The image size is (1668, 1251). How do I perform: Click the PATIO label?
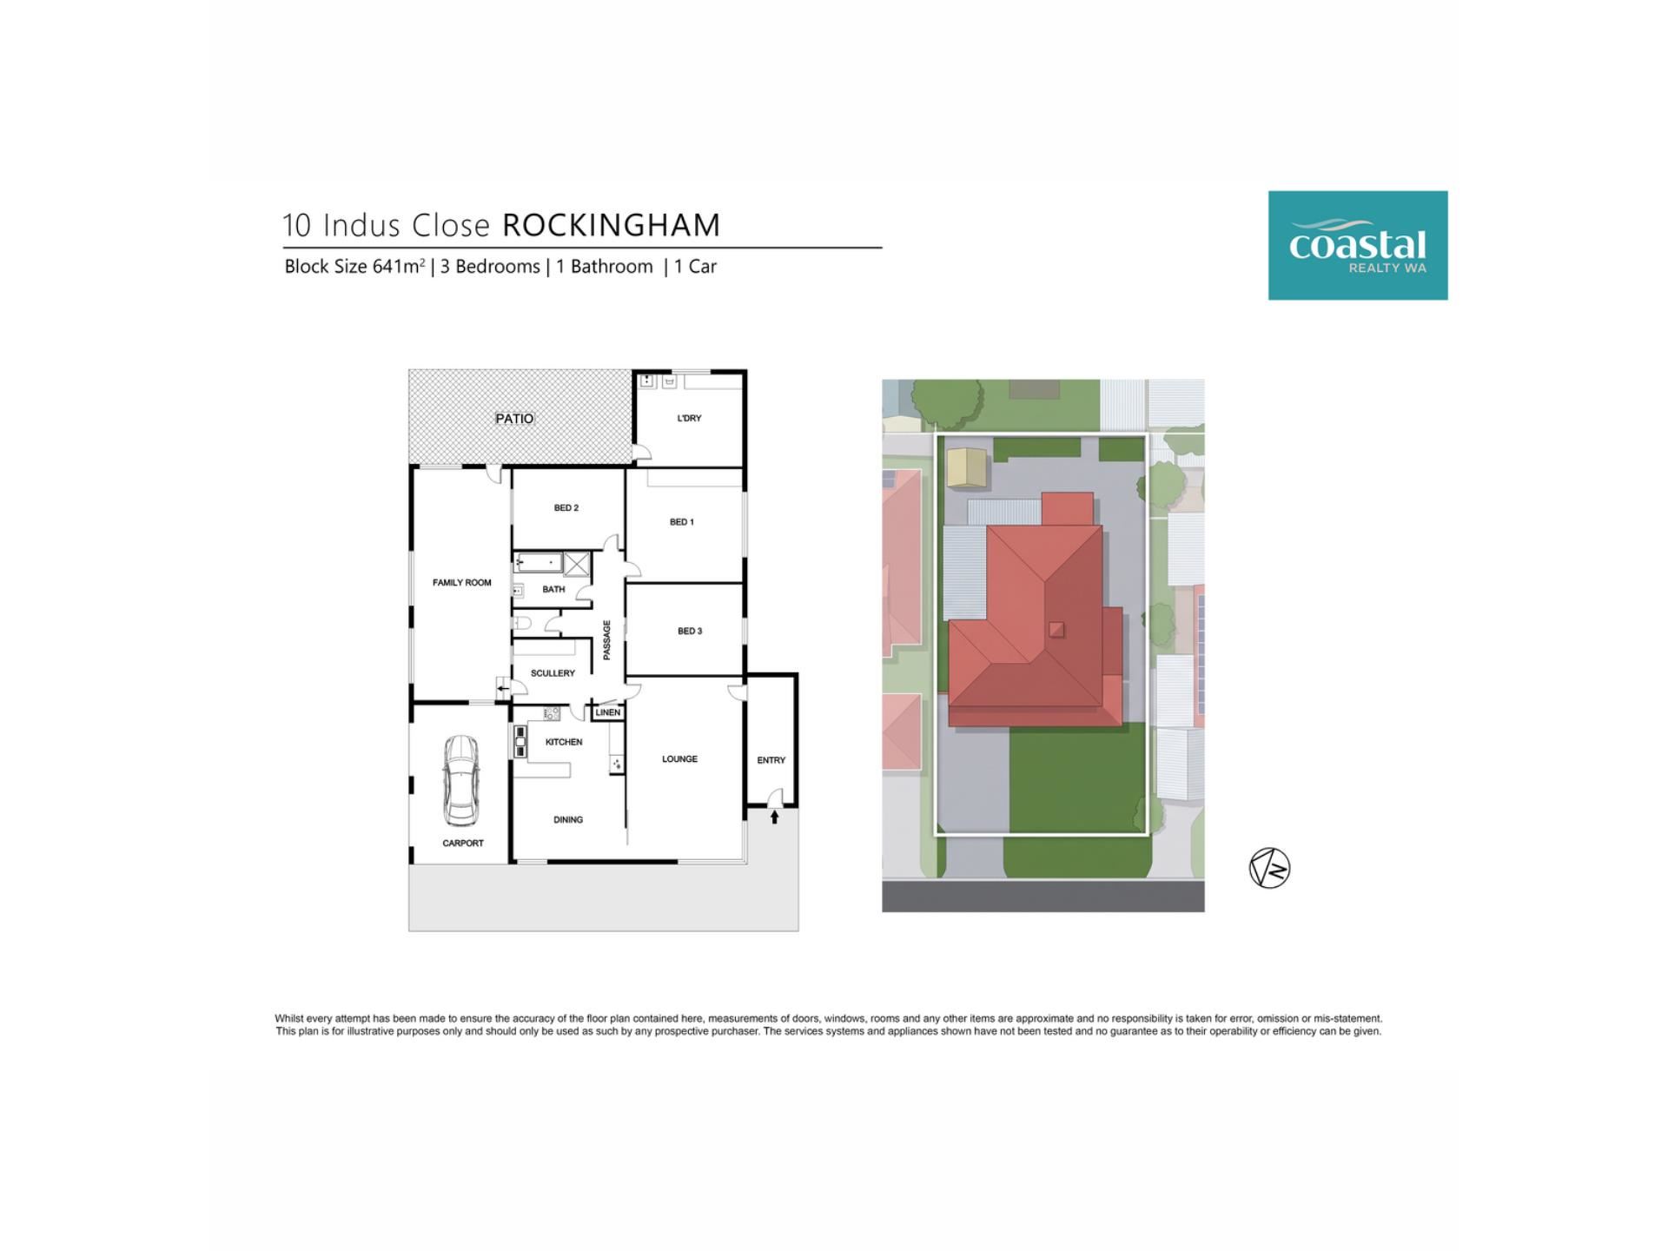tap(514, 419)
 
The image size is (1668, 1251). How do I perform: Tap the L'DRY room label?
tap(689, 418)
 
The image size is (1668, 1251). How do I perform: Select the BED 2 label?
tap(566, 508)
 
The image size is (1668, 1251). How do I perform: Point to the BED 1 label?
tap(682, 522)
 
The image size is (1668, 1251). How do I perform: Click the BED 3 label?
tap(690, 631)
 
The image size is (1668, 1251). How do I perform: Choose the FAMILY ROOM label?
tap(462, 583)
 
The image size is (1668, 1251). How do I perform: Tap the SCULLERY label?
tap(553, 673)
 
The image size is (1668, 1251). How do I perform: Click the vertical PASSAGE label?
tap(606, 639)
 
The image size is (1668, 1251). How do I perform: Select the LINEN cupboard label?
tap(608, 712)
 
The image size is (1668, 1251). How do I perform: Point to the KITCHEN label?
tap(564, 742)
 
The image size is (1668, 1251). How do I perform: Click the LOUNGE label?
tap(679, 759)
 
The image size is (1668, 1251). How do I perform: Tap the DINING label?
tap(568, 819)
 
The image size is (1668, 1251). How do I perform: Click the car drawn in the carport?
tap(460, 780)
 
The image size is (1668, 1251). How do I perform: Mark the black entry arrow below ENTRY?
tap(774, 817)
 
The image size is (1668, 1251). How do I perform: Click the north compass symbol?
tap(1269, 868)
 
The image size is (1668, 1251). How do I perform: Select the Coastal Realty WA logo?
tap(1358, 246)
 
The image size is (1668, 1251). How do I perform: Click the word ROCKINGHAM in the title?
tap(612, 225)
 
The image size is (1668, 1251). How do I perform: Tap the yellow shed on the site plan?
tap(967, 467)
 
